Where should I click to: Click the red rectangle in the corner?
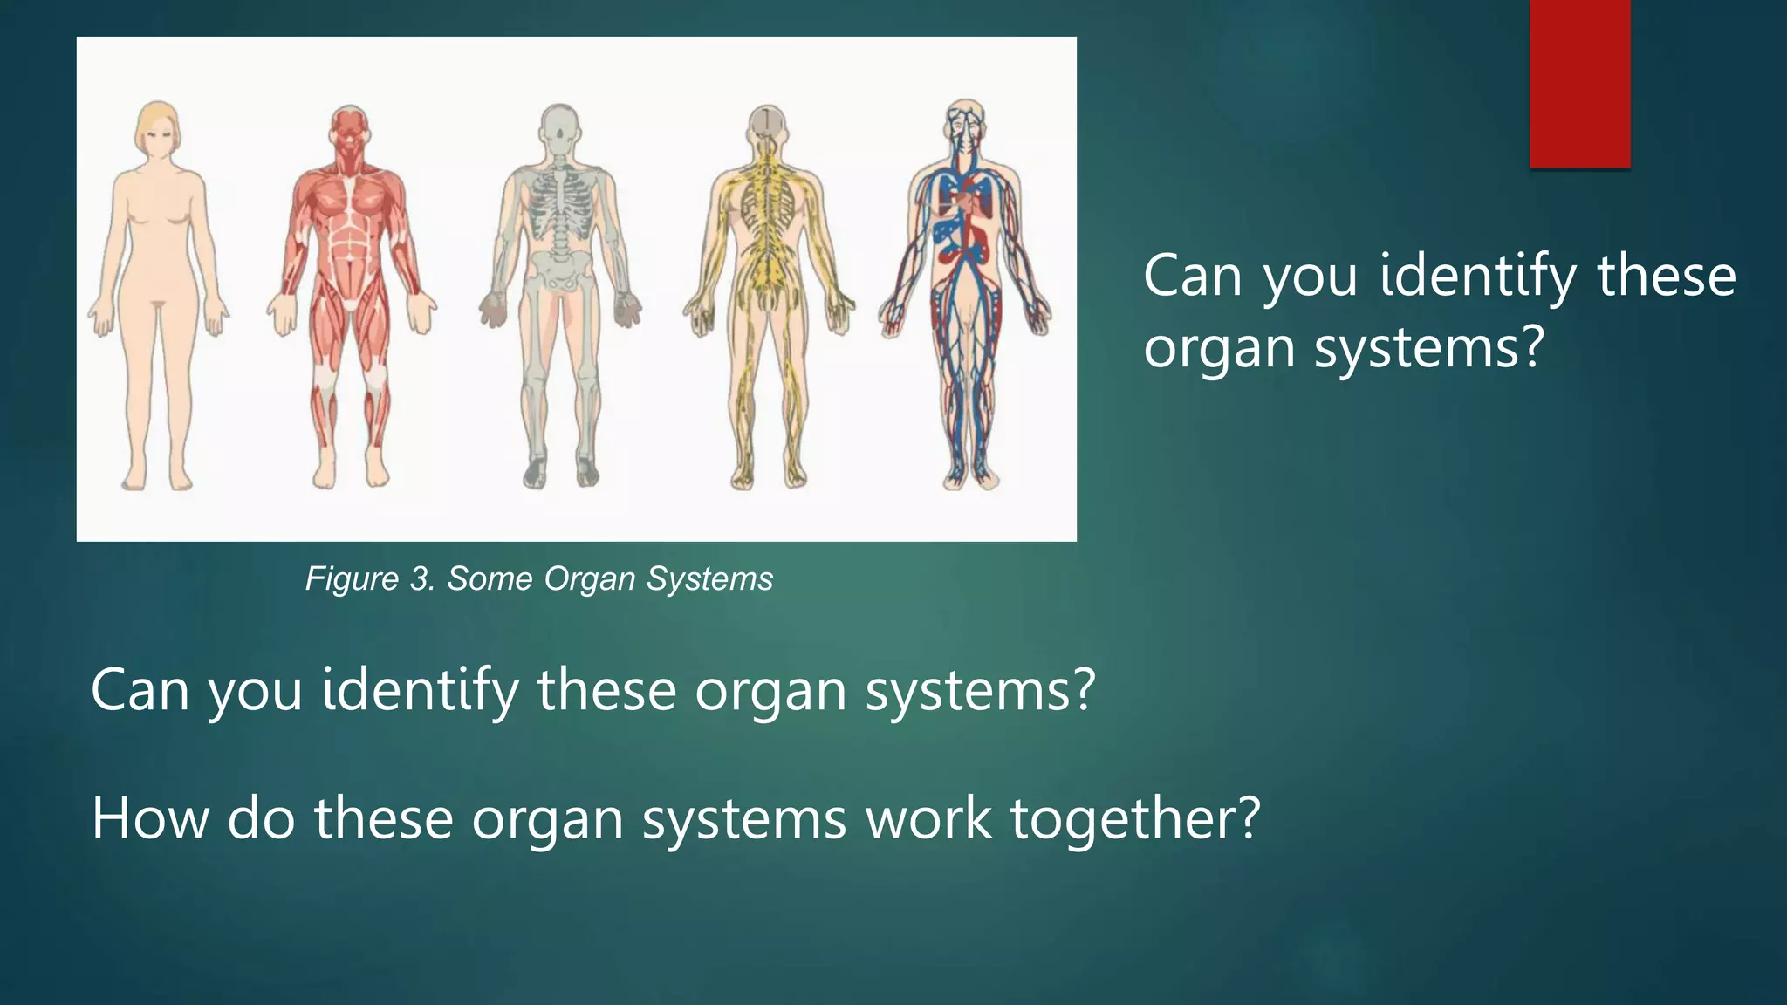tap(1579, 83)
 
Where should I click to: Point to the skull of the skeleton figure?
tap(558, 129)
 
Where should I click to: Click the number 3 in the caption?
tap(421, 579)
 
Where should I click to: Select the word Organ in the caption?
tap(579, 579)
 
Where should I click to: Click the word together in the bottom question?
tap(1134, 818)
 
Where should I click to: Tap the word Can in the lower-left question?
tap(140, 689)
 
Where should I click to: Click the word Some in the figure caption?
tap(489, 579)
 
